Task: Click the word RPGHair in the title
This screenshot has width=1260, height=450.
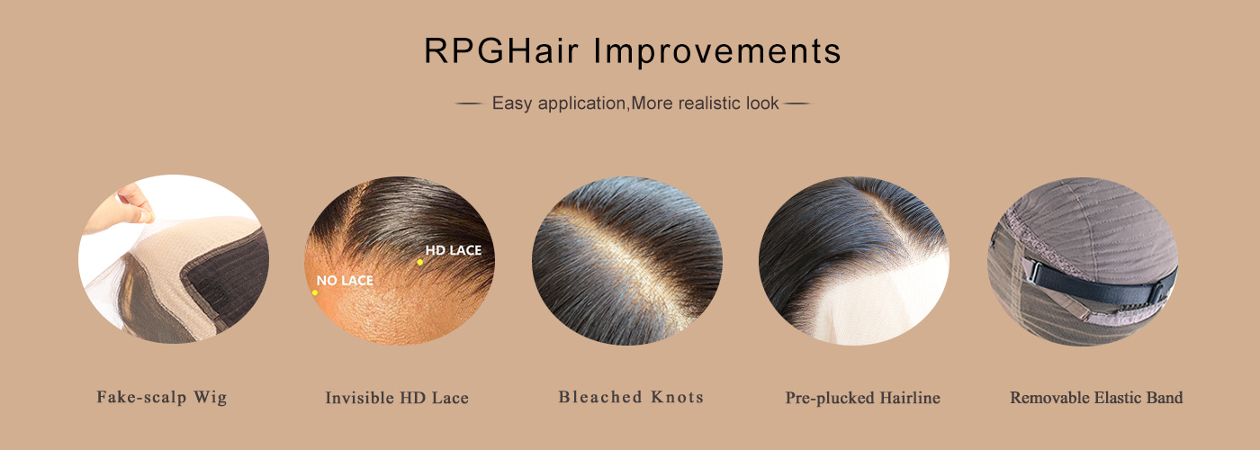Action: pos(501,50)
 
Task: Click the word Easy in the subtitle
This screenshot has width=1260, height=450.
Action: pos(511,103)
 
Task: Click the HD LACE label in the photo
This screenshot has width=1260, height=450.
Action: pos(454,250)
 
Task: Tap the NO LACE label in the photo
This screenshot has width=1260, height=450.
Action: pos(345,280)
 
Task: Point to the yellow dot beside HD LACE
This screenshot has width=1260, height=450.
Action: pos(419,262)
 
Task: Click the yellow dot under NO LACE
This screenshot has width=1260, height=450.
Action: pos(315,292)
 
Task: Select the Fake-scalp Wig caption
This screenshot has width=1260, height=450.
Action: pos(162,397)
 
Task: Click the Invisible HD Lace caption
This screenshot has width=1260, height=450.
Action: pos(397,398)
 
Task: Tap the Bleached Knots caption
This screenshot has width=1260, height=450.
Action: pos(631,397)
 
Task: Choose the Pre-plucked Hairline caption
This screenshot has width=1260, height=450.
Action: pos(862,398)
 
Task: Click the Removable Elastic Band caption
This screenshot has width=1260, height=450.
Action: pos(1096,398)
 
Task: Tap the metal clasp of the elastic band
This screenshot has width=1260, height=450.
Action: pos(1033,272)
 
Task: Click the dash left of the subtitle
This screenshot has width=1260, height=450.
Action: pos(468,103)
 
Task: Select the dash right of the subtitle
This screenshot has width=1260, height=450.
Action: pos(797,103)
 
